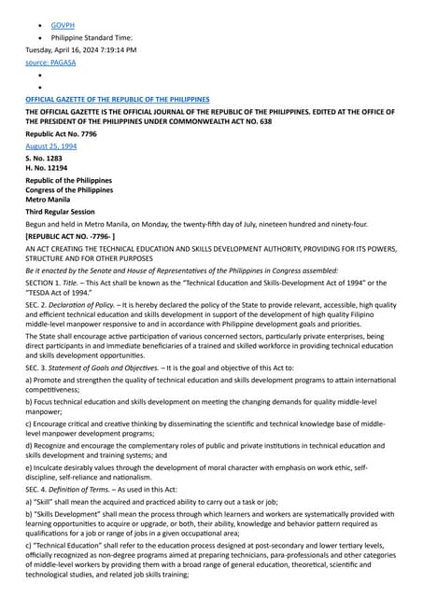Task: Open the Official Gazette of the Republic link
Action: click(x=117, y=99)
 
